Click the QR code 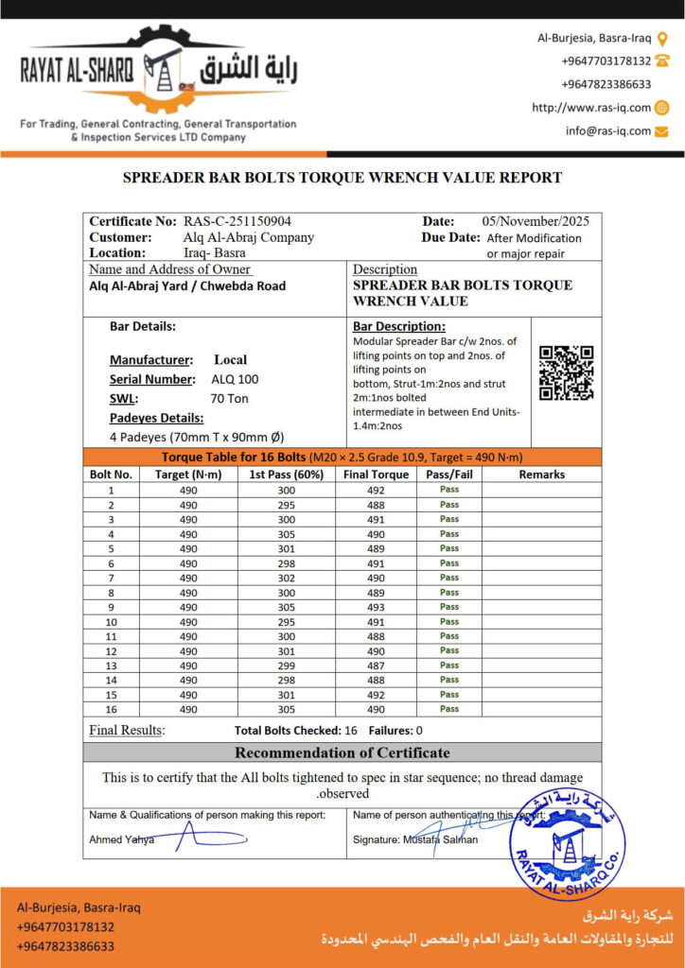click(566, 372)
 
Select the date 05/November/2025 click(536, 221)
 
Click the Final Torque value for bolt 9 click(377, 607)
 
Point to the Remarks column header click(541, 475)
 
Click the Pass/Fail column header click(448, 475)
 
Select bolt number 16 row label click(111, 709)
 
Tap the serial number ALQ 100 click(235, 379)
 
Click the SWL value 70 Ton click(230, 398)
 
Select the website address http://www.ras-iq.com click(591, 108)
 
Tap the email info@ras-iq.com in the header click(608, 131)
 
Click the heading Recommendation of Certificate click(342, 753)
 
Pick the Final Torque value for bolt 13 click(377, 665)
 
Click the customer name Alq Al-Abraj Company click(249, 237)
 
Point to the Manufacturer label click(150, 360)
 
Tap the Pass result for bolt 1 click(448, 490)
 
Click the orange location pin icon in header click(662, 39)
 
